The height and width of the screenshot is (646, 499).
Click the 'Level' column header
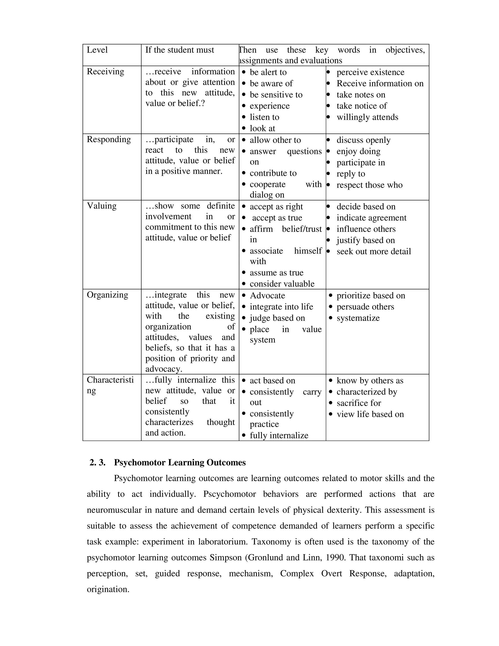97,50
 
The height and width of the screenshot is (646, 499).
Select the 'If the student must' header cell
179,50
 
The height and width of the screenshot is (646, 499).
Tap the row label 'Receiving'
105,72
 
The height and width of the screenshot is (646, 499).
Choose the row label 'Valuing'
101,206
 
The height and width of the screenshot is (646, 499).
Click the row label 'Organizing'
107,295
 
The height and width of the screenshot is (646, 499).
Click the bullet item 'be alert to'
268,72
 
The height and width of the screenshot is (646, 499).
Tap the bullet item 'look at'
262,128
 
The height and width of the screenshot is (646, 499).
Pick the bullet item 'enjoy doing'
358,151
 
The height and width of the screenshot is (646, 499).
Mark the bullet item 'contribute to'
273,173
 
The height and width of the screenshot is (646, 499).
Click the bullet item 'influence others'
366,229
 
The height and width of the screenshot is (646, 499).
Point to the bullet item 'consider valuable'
282,284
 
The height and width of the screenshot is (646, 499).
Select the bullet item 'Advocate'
267,296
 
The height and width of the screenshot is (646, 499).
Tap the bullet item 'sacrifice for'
359,403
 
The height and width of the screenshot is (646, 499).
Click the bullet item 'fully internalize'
279,436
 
